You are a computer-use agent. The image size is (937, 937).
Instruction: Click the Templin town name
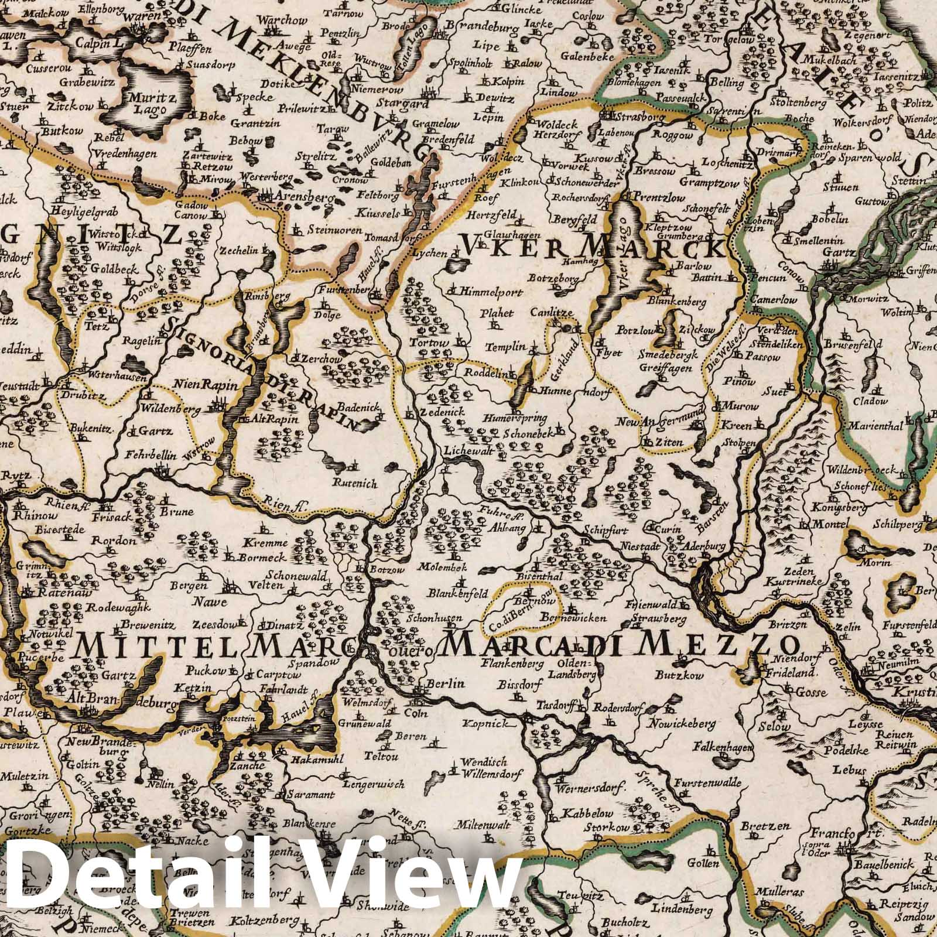[x=509, y=347]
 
